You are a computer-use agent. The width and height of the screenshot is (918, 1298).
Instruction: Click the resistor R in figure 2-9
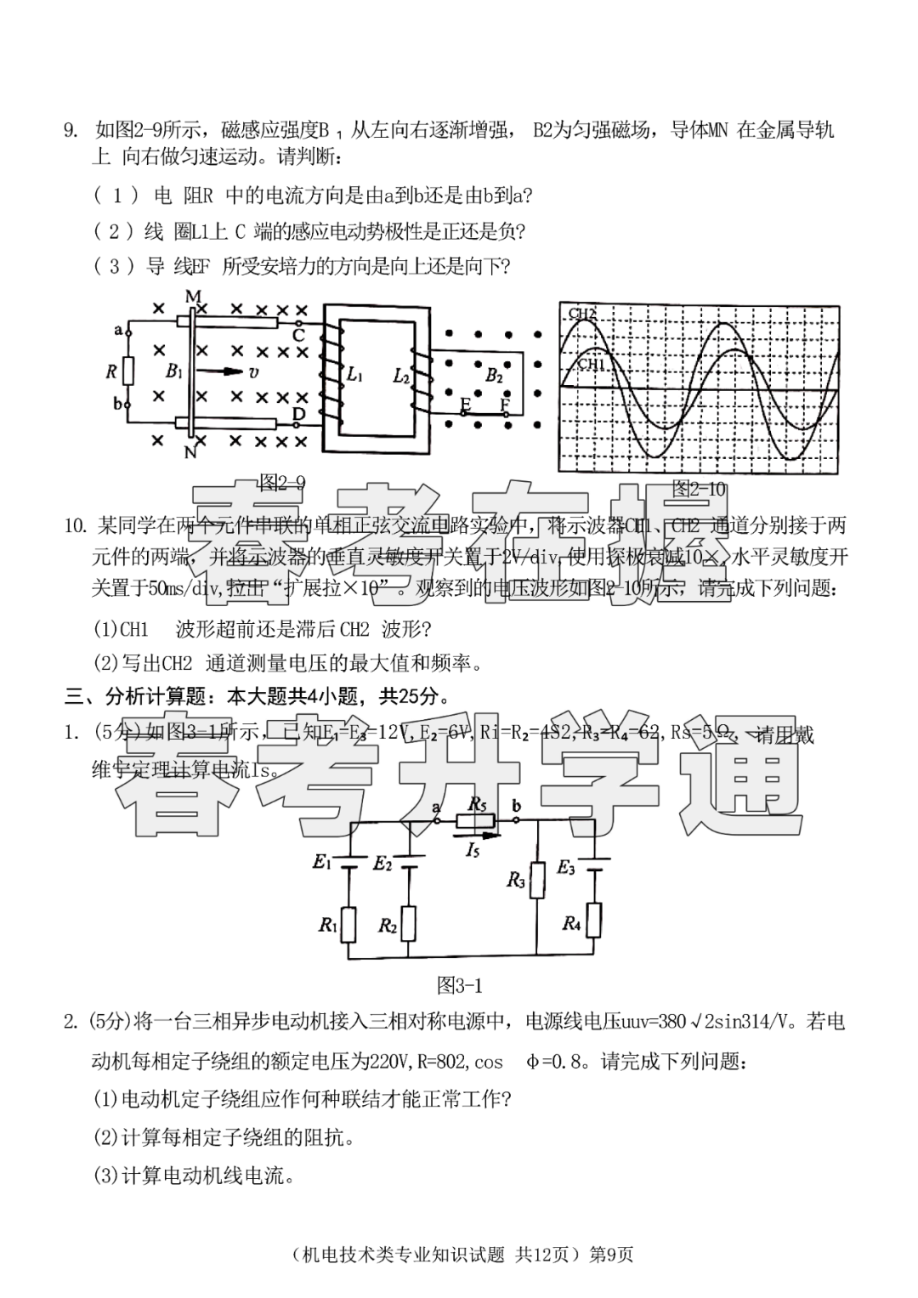128,371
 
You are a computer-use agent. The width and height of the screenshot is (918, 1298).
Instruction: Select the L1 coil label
354,374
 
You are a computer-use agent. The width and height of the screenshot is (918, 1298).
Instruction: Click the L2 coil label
401,374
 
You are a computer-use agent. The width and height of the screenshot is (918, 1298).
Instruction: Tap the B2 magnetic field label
494,375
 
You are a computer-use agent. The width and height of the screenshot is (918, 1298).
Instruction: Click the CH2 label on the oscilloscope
583,314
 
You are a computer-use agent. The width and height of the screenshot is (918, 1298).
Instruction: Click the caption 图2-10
699,489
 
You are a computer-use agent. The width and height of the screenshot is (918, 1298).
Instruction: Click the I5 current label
473,848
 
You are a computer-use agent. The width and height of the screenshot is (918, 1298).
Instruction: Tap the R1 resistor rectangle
348,925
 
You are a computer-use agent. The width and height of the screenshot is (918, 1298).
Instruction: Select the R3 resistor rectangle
537,881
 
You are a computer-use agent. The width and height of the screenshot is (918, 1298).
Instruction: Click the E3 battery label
566,868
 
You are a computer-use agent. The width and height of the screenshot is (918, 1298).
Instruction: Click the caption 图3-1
459,985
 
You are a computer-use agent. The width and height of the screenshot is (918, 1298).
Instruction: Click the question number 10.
76,525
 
